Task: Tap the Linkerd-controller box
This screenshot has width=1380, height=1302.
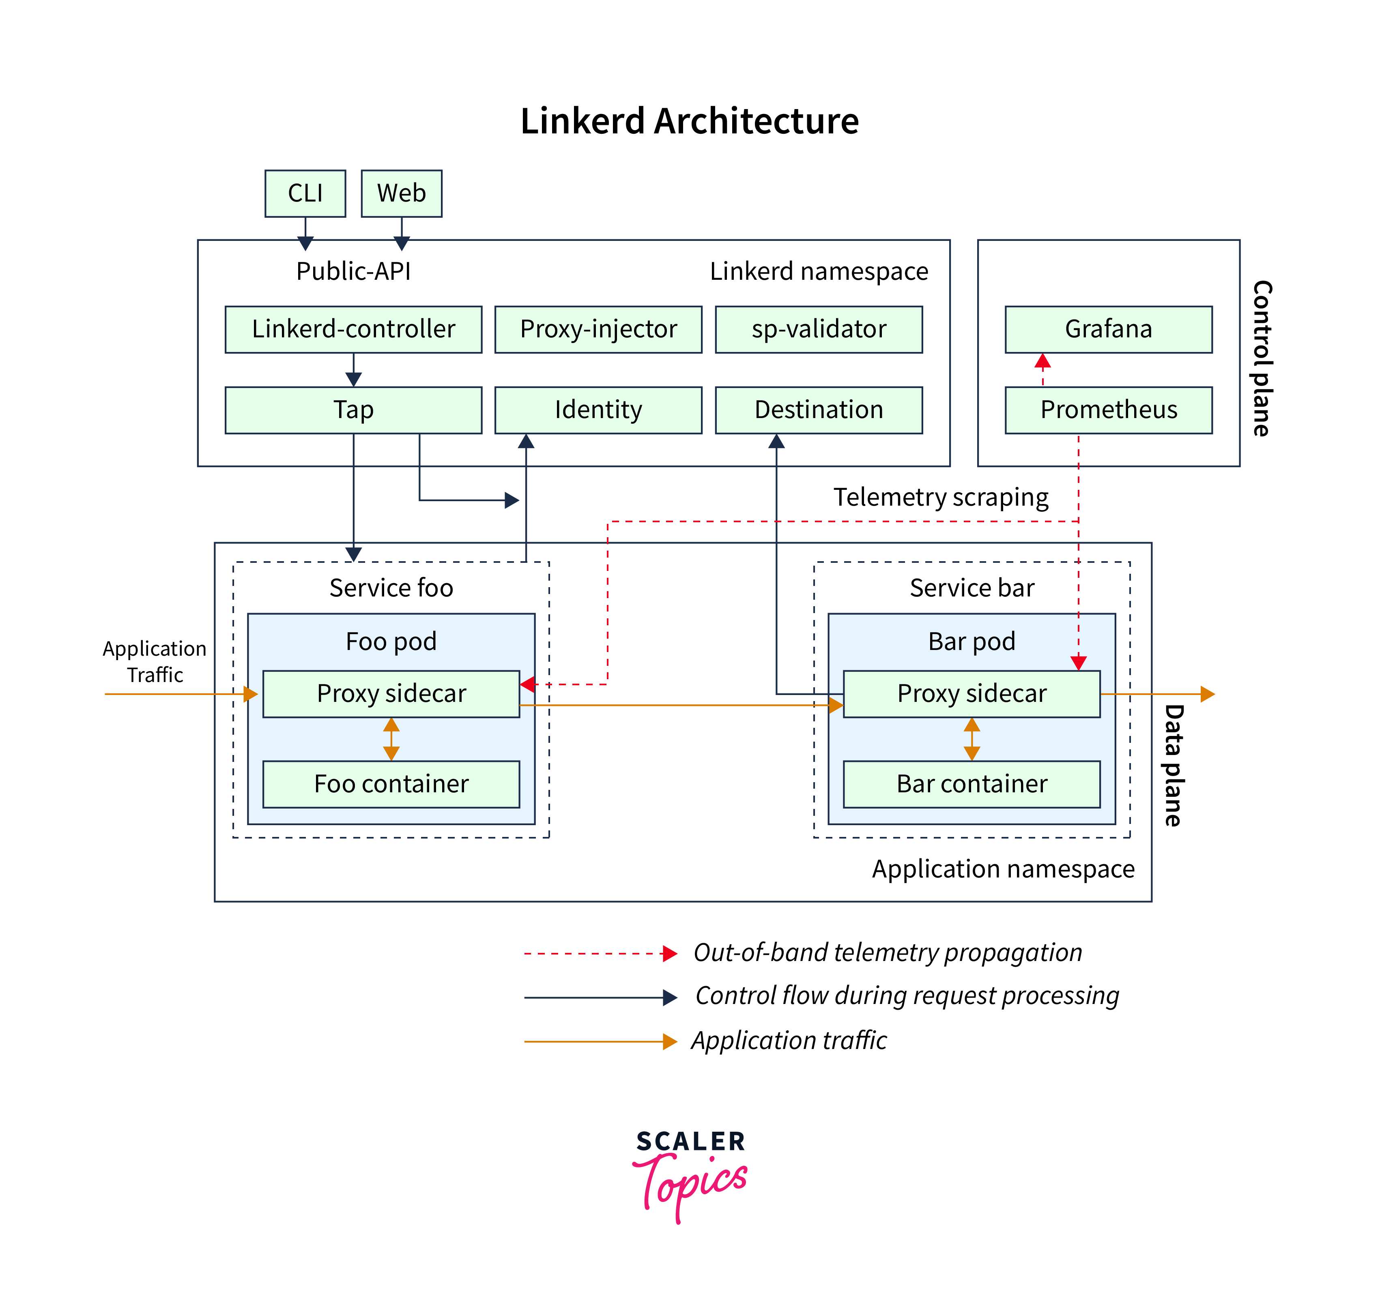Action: tap(353, 329)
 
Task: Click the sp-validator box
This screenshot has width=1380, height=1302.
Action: tap(819, 329)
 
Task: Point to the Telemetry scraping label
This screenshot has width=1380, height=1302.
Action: tap(941, 497)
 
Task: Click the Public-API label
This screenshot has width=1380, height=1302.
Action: tap(353, 271)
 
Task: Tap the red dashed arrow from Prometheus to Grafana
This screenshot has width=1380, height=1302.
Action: tap(1042, 370)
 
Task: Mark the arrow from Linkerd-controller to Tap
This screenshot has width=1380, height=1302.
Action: tap(353, 370)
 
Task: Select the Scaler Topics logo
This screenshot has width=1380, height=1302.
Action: tap(689, 1173)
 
